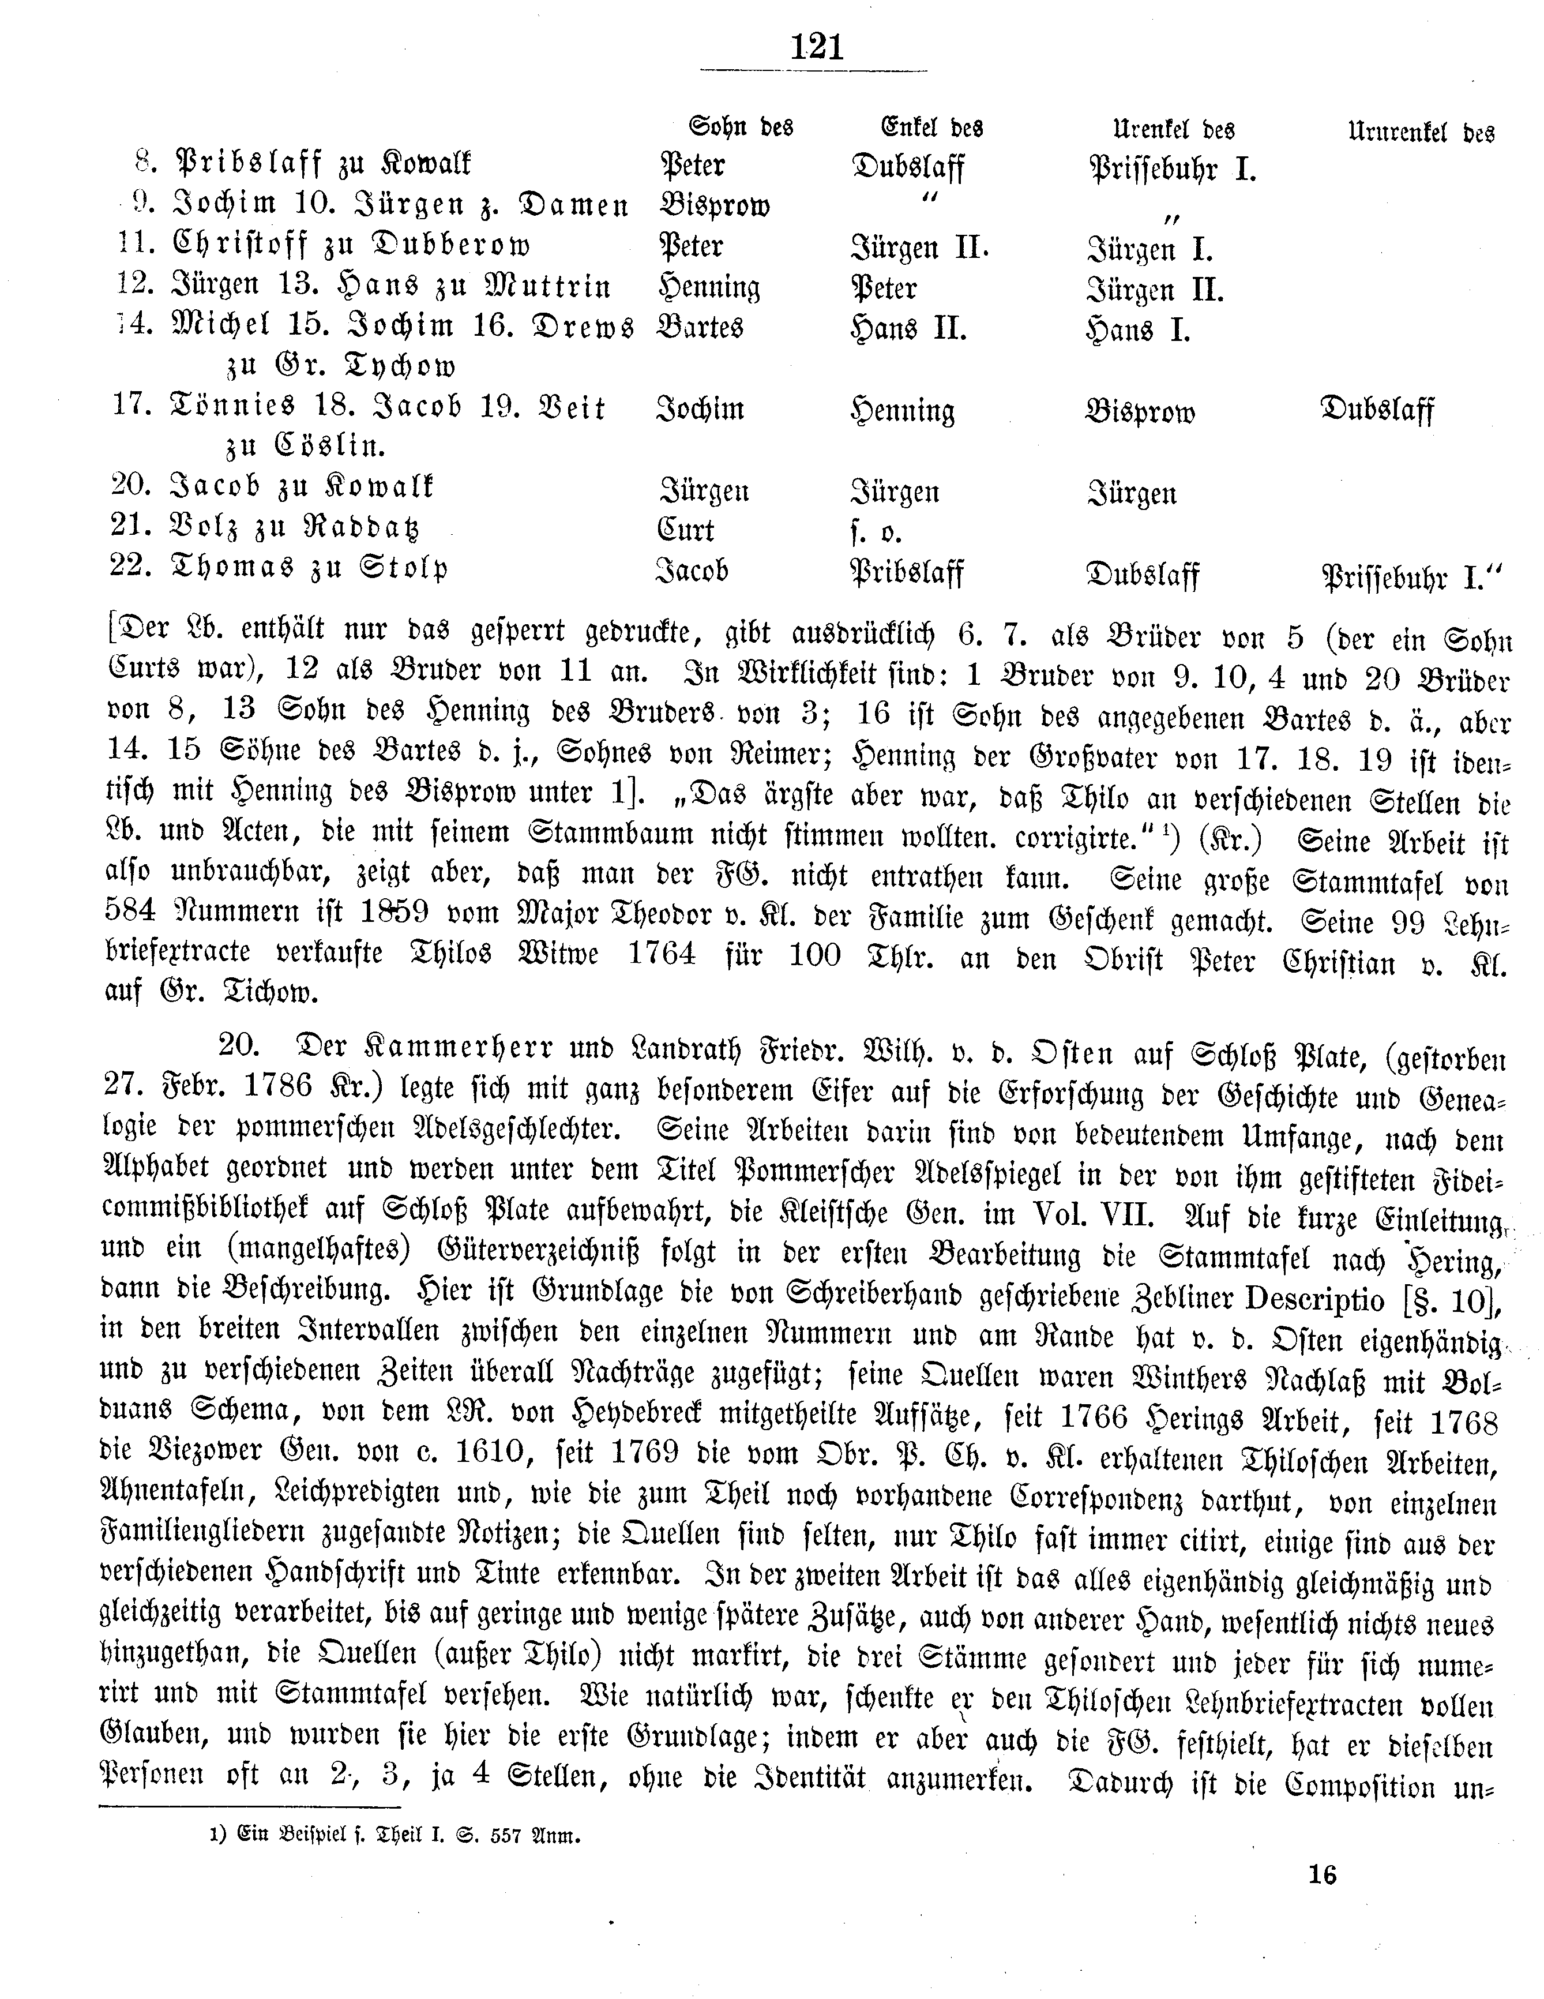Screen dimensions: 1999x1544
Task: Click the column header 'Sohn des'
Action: (x=741, y=126)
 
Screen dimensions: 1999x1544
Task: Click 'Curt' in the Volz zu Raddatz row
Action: (x=686, y=530)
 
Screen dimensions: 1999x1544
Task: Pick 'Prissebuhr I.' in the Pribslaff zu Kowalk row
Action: (x=1171, y=170)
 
